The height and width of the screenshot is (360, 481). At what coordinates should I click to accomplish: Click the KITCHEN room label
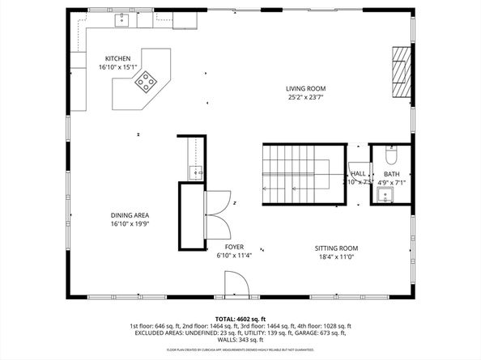(119, 59)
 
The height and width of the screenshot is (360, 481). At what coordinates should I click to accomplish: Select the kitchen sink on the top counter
(123, 19)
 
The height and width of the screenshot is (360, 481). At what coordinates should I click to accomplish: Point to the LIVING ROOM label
(305, 88)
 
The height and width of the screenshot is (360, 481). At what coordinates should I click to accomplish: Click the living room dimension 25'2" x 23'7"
(305, 97)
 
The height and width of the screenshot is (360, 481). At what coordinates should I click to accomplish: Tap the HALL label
(358, 173)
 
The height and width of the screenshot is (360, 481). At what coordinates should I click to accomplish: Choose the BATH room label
(391, 174)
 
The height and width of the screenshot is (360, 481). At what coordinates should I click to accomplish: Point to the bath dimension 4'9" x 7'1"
(391, 183)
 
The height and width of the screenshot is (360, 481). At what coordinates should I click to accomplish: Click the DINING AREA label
(130, 215)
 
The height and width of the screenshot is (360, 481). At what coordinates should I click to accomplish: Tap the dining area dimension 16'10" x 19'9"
(130, 224)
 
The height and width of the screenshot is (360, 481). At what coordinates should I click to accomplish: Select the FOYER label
(235, 248)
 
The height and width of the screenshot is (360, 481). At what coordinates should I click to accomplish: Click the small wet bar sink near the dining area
(195, 172)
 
